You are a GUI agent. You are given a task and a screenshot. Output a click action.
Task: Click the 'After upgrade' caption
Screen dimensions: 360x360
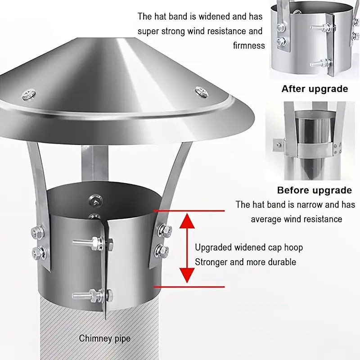[x=315, y=89]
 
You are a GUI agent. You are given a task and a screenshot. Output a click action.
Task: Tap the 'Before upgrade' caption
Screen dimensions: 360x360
[x=314, y=190]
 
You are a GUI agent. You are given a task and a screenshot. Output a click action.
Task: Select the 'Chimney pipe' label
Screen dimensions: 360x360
[x=105, y=338]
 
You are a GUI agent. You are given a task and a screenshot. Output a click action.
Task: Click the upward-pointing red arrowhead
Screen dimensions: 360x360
[x=187, y=220]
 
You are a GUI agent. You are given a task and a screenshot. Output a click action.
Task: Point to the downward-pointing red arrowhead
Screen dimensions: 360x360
[x=187, y=275]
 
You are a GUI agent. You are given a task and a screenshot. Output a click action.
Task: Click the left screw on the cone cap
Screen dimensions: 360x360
[x=29, y=94]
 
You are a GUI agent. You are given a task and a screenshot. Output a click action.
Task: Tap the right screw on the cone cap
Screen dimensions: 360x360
[x=202, y=92]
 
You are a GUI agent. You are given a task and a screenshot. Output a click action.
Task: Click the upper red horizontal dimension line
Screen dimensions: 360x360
[x=189, y=211]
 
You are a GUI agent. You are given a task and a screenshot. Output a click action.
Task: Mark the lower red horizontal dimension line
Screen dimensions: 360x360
[x=189, y=287]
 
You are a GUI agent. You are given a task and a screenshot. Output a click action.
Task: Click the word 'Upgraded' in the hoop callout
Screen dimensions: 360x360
[x=213, y=248]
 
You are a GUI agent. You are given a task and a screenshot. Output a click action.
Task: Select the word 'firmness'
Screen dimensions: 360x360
[x=249, y=45]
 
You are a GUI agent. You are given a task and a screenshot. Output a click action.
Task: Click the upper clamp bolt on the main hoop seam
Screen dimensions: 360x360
[x=93, y=243]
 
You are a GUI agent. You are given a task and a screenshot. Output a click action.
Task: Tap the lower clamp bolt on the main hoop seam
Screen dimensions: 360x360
[x=93, y=295]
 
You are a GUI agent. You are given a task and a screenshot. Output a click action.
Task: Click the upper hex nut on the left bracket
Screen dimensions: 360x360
[x=38, y=233]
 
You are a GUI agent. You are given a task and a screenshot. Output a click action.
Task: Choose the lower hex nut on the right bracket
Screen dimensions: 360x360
[x=162, y=251]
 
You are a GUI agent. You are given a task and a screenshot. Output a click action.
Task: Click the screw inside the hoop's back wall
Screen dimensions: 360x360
[x=95, y=200]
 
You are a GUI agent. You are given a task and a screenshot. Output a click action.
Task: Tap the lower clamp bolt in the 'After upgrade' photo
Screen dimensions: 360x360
[x=321, y=63]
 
